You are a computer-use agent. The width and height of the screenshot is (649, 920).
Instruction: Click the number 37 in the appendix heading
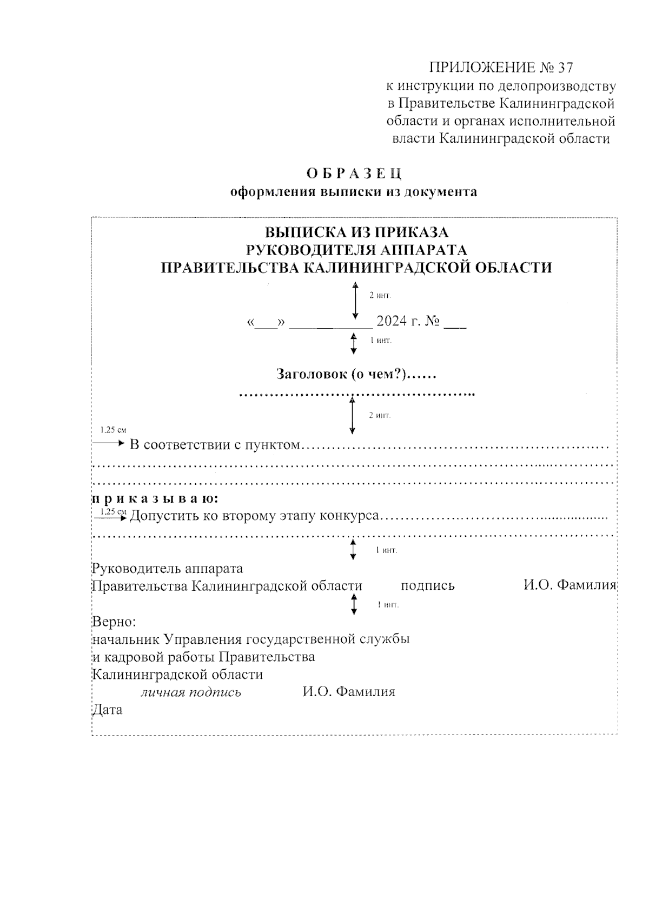coord(565,68)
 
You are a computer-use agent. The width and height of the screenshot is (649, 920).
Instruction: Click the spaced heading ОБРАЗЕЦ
coord(354,174)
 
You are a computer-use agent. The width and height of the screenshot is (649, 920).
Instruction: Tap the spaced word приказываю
coord(155,498)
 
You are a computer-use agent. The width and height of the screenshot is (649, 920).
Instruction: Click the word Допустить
coord(164,516)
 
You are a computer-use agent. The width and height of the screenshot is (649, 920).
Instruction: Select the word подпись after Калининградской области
coord(428,585)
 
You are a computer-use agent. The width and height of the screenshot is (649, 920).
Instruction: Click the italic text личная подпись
coord(191,692)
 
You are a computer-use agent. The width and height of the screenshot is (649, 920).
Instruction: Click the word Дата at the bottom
coord(108,710)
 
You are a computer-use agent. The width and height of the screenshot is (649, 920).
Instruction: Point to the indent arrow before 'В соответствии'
coord(109,444)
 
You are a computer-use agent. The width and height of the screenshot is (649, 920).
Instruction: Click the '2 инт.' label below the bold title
coord(379,296)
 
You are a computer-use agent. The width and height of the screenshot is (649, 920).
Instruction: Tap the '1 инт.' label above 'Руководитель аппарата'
coord(386,550)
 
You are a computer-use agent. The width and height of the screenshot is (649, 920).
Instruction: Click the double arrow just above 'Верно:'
coord(354,604)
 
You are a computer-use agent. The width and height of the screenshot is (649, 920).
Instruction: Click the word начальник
coord(126,639)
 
